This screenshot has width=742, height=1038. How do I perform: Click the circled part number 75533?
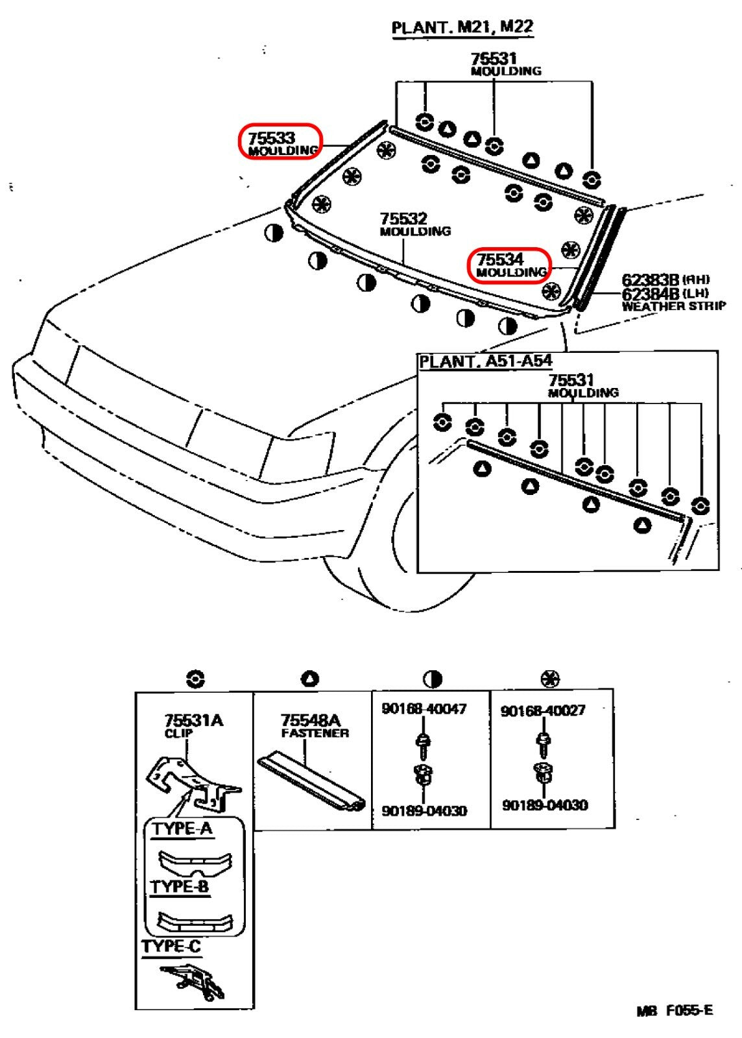pyautogui.click(x=271, y=138)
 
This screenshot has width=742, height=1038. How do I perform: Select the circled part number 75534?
pyautogui.click(x=500, y=259)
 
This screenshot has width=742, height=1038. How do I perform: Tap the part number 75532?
pyautogui.click(x=403, y=218)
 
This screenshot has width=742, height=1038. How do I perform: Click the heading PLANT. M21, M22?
pyautogui.click(x=462, y=27)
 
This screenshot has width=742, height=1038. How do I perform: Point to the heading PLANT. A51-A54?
pyautogui.click(x=485, y=361)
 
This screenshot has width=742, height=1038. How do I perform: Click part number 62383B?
pyautogui.click(x=651, y=280)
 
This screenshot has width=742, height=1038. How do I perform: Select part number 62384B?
pyautogui.click(x=651, y=293)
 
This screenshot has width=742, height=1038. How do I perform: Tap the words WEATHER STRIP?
pyautogui.click(x=674, y=306)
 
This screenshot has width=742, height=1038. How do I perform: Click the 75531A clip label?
pyautogui.click(x=193, y=720)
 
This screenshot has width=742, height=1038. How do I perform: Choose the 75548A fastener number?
pyautogui.click(x=311, y=720)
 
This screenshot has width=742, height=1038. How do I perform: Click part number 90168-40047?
pyautogui.click(x=424, y=708)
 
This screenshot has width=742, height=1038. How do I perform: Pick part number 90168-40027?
pyautogui.click(x=543, y=710)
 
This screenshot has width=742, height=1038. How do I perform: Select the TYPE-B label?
pyautogui.click(x=180, y=886)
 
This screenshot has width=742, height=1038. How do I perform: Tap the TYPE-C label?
pyautogui.click(x=171, y=947)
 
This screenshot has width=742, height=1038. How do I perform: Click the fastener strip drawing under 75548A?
pyautogui.click(x=311, y=781)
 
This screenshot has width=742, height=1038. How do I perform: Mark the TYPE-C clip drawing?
pyautogui.click(x=192, y=983)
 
